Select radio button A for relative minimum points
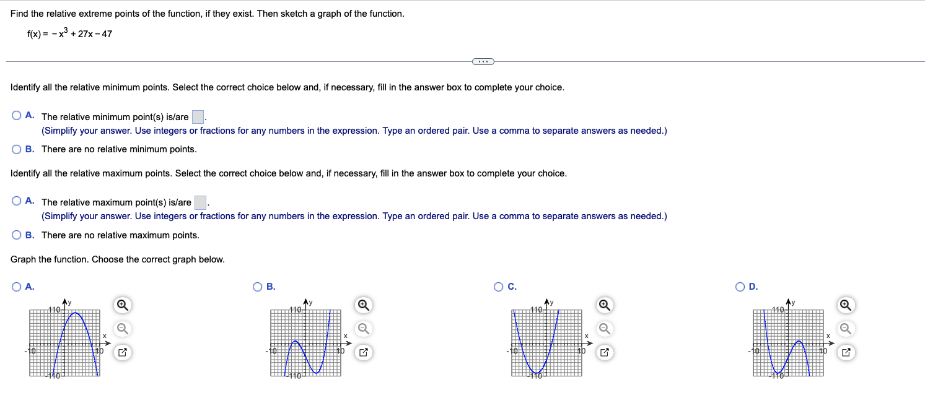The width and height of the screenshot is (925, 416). coord(17,116)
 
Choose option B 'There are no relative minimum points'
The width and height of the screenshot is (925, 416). coord(17,149)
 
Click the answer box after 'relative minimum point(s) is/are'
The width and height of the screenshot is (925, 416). coord(198,116)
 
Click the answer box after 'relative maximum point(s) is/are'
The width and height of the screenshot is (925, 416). coord(200,202)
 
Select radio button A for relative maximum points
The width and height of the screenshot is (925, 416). coord(17,201)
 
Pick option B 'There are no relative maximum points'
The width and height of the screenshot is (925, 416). coord(17,235)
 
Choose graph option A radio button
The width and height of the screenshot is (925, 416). coord(17,286)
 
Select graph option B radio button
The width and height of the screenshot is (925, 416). coord(258,286)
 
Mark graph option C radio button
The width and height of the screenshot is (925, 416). coord(499,286)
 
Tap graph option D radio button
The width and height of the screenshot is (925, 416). coord(740,286)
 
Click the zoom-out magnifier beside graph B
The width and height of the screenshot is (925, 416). coord(364,328)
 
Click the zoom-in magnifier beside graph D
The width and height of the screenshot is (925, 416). coord(846,305)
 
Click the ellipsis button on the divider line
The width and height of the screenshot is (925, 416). coord(483,61)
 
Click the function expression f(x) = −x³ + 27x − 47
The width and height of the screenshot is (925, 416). coord(69,33)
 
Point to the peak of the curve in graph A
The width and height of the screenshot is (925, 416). coord(76,313)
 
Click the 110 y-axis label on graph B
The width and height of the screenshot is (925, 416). coord(294,309)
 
